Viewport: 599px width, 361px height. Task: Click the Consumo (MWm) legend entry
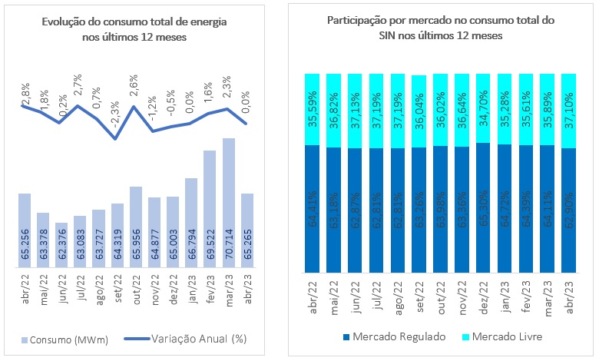click(61, 338)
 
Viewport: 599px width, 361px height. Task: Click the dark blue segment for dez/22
click(483, 207)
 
